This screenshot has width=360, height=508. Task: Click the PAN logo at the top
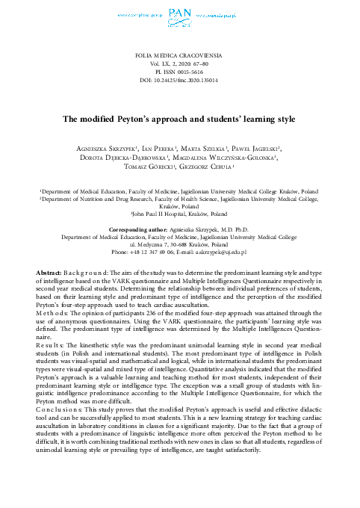pos(180,13)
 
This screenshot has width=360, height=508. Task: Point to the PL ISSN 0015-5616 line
pos(180,72)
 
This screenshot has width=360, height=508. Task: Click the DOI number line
pos(180,81)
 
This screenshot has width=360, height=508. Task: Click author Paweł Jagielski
pos(252,148)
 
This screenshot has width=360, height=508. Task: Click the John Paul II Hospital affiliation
pos(180,213)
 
